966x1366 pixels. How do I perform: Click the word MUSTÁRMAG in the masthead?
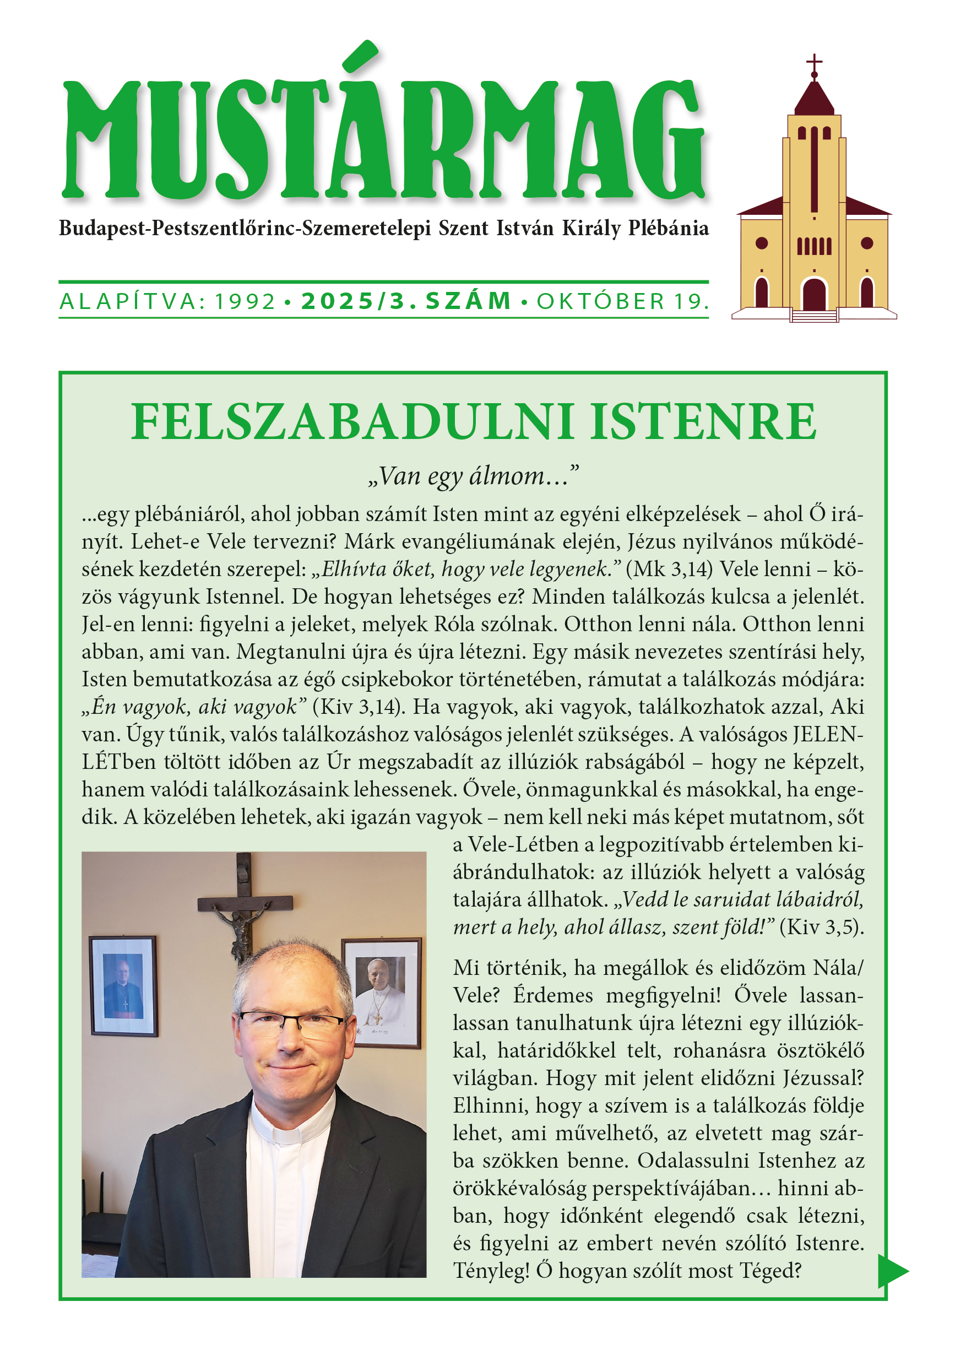click(384, 140)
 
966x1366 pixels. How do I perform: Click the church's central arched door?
click(814, 294)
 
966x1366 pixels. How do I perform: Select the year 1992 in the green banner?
click(245, 302)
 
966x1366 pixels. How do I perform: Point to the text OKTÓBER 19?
click(622, 302)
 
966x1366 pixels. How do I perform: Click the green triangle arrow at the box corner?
click(892, 1271)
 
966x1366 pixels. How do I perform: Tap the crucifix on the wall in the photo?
click(244, 904)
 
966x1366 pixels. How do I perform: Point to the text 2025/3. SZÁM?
click(406, 302)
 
